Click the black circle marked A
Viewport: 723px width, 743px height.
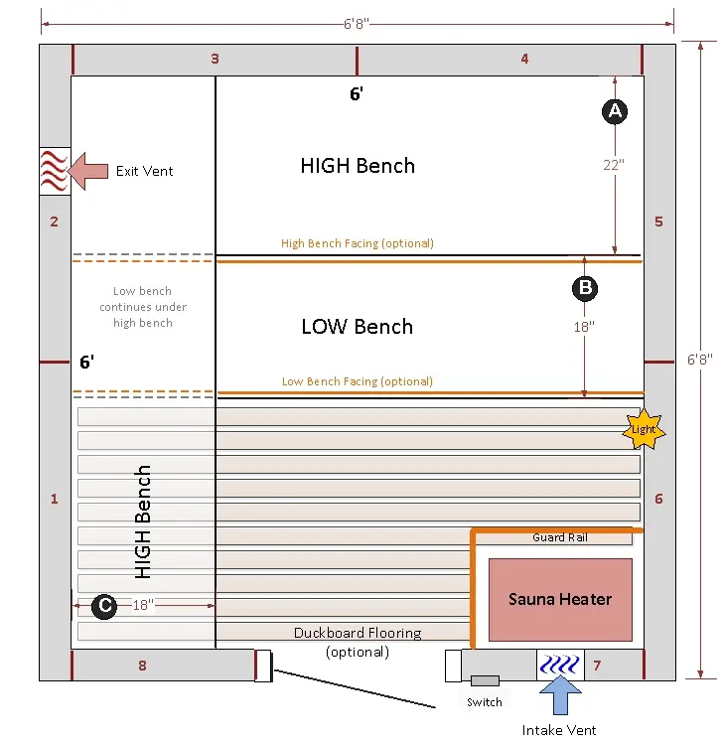[x=615, y=111]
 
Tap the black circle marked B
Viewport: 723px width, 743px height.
[x=585, y=288]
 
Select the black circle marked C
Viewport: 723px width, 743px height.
[x=104, y=606]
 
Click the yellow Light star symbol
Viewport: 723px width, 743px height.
[x=644, y=429]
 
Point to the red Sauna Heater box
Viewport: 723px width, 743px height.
[x=560, y=599]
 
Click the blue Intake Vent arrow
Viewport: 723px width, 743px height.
[x=560, y=695]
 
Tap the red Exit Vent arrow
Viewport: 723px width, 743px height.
[x=88, y=171]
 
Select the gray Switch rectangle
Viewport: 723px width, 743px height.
[x=485, y=681]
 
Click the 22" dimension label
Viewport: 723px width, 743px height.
[x=614, y=165]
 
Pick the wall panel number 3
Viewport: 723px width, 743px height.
[x=215, y=59]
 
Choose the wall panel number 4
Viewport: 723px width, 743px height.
[x=524, y=59]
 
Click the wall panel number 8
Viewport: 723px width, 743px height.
[x=142, y=666]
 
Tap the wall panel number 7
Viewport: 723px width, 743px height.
[x=597, y=666]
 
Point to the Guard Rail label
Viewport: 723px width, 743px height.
[x=560, y=537]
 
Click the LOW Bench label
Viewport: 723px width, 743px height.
[x=358, y=327]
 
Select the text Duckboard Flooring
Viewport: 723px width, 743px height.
[x=358, y=633]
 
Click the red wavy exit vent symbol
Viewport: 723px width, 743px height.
[x=54, y=171]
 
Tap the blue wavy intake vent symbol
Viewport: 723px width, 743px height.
[x=560, y=665]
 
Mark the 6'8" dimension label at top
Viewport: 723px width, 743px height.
[x=357, y=24]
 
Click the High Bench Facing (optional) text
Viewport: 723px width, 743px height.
[x=358, y=243]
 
